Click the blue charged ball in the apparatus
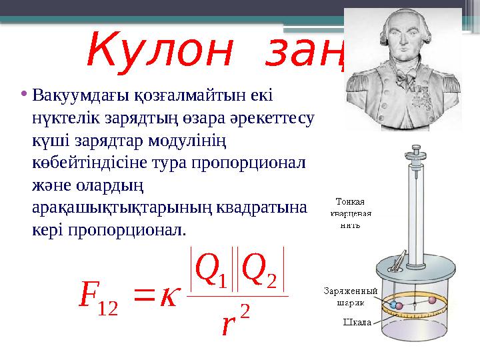click(394, 306)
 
